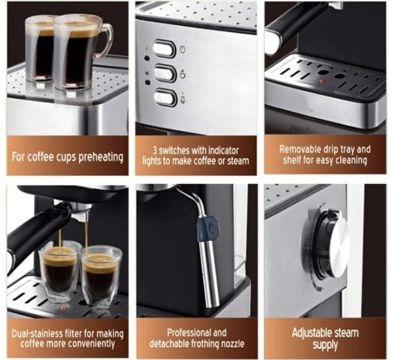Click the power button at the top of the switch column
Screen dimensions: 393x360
point(164,48)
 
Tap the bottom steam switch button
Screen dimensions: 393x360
point(166,98)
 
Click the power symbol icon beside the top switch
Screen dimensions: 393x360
point(183,49)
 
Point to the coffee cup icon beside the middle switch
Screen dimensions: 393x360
point(183,74)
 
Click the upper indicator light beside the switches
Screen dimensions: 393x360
point(147,58)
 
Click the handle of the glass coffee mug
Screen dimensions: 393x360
point(107,40)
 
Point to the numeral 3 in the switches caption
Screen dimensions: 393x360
point(155,151)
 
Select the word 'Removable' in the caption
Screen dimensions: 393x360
point(300,149)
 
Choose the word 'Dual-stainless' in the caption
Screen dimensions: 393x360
point(37,333)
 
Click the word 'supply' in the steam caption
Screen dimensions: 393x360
point(325,345)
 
